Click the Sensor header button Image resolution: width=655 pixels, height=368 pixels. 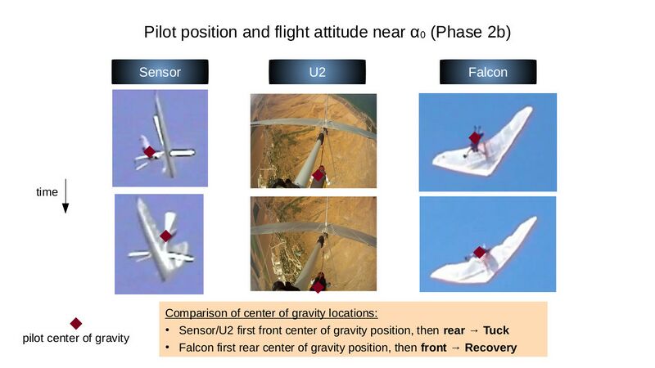pos(160,72)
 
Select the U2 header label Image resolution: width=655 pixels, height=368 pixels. pos(317,72)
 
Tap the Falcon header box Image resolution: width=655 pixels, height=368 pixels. pos(488,72)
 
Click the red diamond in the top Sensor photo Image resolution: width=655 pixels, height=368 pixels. pos(150,152)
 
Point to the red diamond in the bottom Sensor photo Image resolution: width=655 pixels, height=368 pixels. pos(166,236)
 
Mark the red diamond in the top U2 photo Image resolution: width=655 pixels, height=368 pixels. pos(318,175)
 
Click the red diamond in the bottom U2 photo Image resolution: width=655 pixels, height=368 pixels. pos(318,287)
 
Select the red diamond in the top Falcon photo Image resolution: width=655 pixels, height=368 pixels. pos(475,137)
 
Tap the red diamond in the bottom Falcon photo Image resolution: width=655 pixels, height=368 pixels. pos(480,253)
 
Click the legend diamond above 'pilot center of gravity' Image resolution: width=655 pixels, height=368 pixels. pos(76,323)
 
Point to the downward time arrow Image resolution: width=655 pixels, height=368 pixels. pos(65,196)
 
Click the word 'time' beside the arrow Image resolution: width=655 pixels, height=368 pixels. pos(47,192)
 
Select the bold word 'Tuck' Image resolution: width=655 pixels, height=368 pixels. pos(496,330)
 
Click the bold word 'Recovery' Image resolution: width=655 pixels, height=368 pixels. pos(490,348)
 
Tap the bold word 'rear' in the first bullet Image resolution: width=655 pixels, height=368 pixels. pos(454,330)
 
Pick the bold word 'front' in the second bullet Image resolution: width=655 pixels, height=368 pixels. pos(434,348)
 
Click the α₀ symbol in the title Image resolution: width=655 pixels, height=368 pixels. pos(418,33)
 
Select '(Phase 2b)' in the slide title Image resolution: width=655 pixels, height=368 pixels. pos(470,33)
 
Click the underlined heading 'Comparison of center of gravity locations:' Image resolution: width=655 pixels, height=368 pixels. pos(272,313)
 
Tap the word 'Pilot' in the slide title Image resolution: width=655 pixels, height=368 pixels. pos(160,32)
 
